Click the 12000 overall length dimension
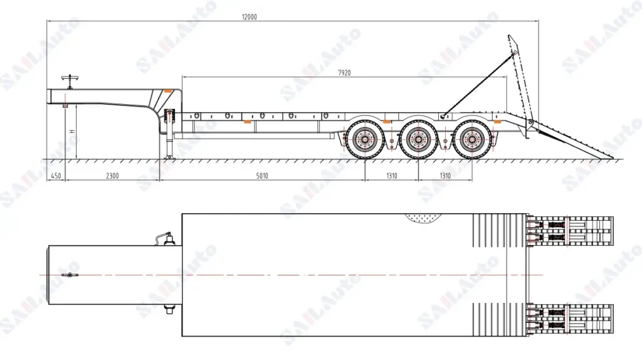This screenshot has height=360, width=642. (250, 18)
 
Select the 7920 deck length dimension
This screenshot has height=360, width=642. (344, 72)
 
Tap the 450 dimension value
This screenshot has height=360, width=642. (56, 176)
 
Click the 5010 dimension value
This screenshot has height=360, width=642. (261, 176)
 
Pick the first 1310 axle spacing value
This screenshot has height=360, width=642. (391, 176)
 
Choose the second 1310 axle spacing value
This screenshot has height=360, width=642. (445, 176)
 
